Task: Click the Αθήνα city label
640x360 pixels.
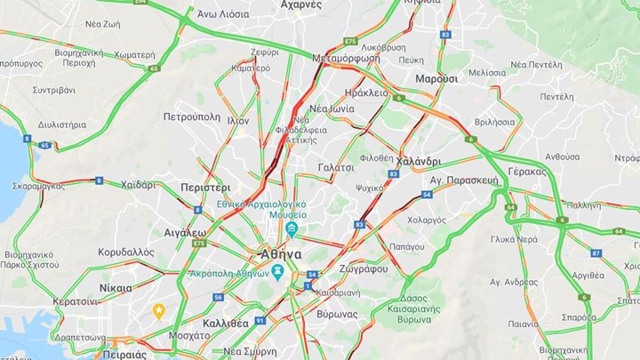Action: coord(282,253)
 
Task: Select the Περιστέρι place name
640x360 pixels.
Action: coord(204,188)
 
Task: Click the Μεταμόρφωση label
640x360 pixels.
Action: coord(347,58)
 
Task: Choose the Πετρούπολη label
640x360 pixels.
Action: coord(190,116)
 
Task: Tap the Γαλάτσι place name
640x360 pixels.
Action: coord(336,166)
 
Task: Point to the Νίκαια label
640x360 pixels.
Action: coord(115,287)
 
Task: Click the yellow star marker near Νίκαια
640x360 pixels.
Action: coord(159,310)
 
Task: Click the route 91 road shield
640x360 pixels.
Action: coord(260,320)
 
